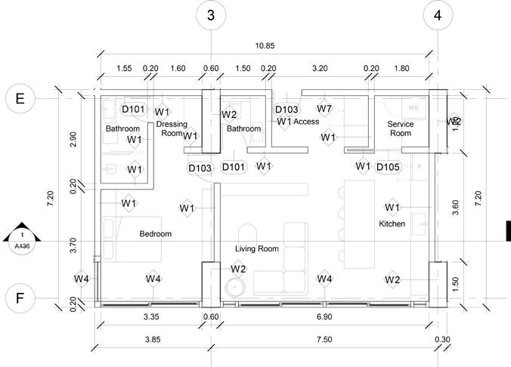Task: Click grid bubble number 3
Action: point(211,14)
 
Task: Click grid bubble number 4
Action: point(438,14)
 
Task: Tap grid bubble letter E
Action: point(20,98)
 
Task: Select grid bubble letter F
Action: point(20,298)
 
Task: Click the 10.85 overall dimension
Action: point(265,46)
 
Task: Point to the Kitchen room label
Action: point(392,224)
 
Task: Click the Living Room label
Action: point(257,248)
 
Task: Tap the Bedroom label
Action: point(156,234)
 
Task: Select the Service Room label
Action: point(401,128)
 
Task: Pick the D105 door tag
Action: point(388,166)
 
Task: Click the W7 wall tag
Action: point(324,109)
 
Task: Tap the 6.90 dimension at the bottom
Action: point(324,317)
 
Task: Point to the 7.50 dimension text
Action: point(324,340)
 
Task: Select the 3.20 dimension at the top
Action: point(320,69)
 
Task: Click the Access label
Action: point(306,122)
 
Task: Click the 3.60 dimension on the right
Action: point(456,203)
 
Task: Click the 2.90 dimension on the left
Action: point(73,140)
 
